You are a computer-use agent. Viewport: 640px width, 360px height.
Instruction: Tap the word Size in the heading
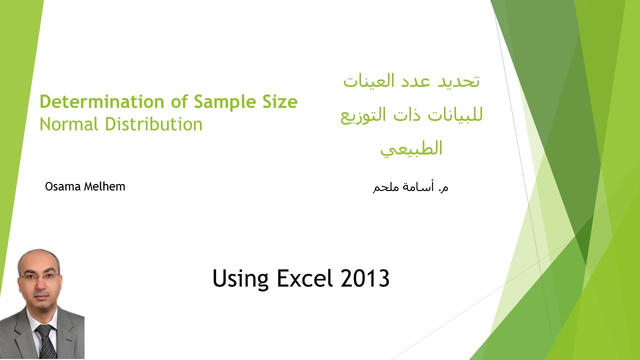[277, 102]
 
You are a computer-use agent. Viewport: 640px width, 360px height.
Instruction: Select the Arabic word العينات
[367, 81]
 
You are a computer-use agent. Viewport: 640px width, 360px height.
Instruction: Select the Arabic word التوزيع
[365, 116]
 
